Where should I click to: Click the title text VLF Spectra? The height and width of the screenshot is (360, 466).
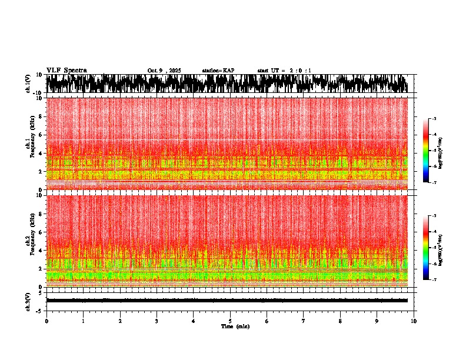click(x=66, y=71)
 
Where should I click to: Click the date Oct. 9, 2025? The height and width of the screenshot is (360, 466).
click(x=164, y=71)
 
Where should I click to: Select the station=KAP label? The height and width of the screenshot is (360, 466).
click(x=218, y=71)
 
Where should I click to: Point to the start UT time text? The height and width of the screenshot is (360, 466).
click(x=284, y=71)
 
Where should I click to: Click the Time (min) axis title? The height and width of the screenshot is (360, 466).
click(x=235, y=326)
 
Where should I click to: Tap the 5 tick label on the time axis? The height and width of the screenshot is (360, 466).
click(x=230, y=321)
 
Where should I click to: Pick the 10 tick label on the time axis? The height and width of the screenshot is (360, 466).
click(x=414, y=321)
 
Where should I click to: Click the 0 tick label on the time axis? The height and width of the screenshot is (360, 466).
click(x=46, y=321)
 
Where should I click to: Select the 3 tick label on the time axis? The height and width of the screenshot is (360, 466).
click(x=157, y=321)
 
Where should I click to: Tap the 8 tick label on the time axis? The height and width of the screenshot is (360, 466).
click(x=341, y=321)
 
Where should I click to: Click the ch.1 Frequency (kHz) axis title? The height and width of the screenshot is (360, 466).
click(x=29, y=144)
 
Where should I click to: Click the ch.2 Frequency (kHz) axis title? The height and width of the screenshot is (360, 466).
click(x=29, y=241)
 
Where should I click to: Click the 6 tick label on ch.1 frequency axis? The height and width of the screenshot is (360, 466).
click(x=41, y=135)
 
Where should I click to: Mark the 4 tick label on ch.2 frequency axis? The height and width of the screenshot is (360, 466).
click(x=41, y=250)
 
